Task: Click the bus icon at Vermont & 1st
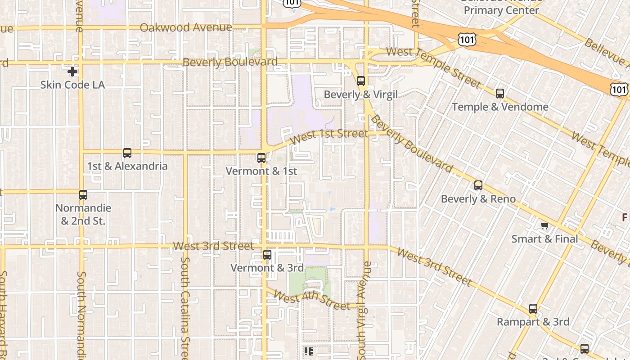(x=261, y=158)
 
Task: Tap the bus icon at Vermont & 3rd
(x=267, y=255)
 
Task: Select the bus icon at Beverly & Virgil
(x=361, y=81)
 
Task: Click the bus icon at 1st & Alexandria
(x=127, y=153)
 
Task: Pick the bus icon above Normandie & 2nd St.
(x=83, y=195)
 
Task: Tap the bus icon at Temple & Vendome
(x=500, y=94)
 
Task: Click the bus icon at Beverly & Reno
(x=478, y=185)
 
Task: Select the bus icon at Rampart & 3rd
(x=533, y=309)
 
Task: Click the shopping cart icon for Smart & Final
(x=545, y=225)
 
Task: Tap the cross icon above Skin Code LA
(x=72, y=72)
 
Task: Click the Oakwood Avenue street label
(x=186, y=27)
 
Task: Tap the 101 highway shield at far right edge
(x=619, y=89)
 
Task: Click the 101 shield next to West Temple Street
(x=467, y=40)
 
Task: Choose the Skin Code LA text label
(x=72, y=85)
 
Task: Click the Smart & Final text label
(x=544, y=238)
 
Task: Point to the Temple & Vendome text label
(x=500, y=107)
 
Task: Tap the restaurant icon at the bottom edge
(x=308, y=351)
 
